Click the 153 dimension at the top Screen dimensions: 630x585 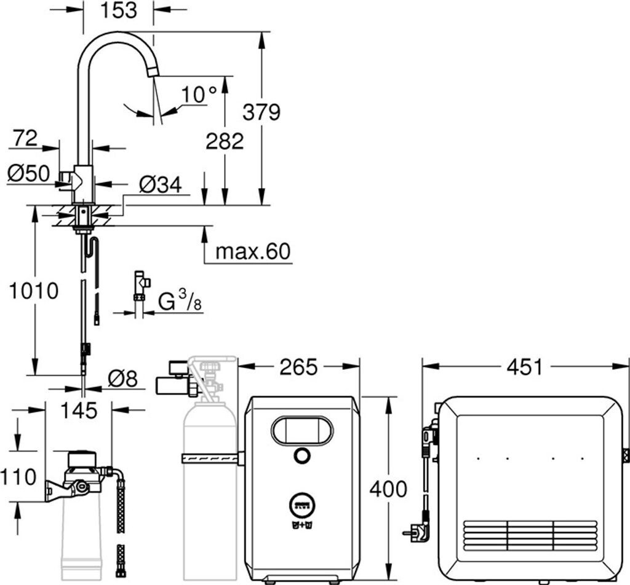[x=119, y=10]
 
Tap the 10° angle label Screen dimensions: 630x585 [x=199, y=95]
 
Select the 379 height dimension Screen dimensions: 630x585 [x=261, y=112]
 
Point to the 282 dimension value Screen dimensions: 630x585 [x=225, y=141]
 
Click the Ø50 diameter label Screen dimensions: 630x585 [x=28, y=173]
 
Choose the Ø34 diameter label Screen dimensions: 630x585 [x=161, y=184]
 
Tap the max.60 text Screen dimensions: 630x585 [x=253, y=251]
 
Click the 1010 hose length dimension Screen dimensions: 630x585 [x=34, y=291]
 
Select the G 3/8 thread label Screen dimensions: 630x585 [x=180, y=301]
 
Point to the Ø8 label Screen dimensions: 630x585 [x=122, y=379]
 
